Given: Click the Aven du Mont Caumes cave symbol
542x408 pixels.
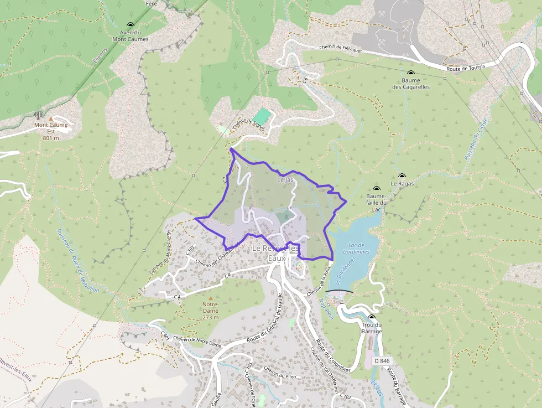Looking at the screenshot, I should pyautogui.click(x=131, y=25).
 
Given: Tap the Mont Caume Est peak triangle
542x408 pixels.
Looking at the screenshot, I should pyautogui.click(x=51, y=118).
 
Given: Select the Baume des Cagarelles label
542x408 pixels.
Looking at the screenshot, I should pyautogui.click(x=411, y=84).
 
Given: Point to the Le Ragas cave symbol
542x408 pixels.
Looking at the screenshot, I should pyautogui.click(x=402, y=175).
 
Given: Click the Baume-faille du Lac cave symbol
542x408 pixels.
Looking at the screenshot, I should pyautogui.click(x=377, y=189).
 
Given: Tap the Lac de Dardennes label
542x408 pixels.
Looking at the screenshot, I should pyautogui.click(x=359, y=248).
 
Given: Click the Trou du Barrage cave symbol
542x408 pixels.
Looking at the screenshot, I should pyautogui.click(x=372, y=317).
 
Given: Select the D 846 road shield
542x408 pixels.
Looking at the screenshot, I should pyautogui.click(x=382, y=361).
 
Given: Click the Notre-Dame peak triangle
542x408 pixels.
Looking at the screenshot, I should pyautogui.click(x=210, y=298).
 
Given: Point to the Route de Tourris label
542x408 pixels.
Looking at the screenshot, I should pyautogui.click(x=466, y=67).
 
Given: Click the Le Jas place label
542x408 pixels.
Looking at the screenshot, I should pyautogui.click(x=285, y=180).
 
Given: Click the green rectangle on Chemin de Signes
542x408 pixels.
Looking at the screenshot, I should pyautogui.click(x=262, y=116).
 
